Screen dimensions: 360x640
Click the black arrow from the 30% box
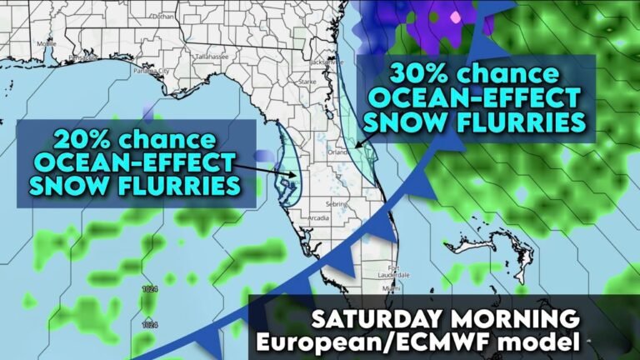[x=367, y=129]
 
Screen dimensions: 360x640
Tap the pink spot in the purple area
[x=454, y=16]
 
